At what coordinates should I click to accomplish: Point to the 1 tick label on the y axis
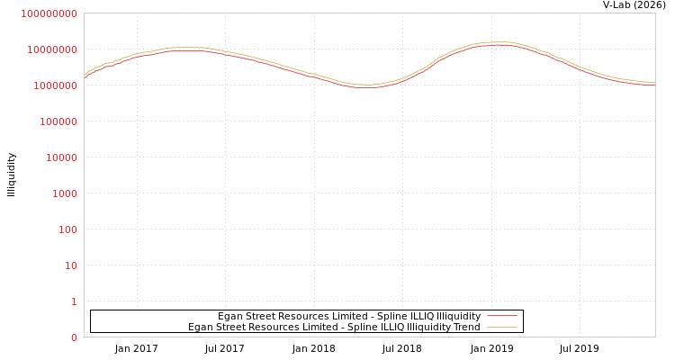click(x=74, y=301)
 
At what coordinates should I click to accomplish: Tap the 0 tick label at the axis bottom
click(x=74, y=337)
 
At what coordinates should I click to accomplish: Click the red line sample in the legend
click(x=501, y=316)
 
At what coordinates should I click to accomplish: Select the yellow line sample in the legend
click(x=501, y=327)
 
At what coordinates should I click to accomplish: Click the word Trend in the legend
click(x=466, y=327)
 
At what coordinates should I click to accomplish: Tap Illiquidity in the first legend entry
click(x=458, y=316)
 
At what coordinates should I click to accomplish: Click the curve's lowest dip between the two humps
click(x=366, y=86)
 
